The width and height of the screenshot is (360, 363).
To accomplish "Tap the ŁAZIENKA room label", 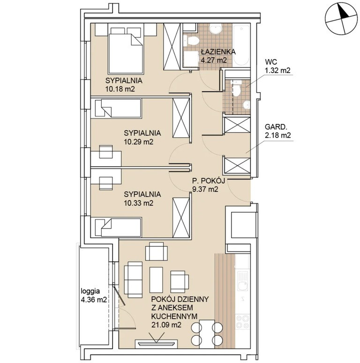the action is [218, 52].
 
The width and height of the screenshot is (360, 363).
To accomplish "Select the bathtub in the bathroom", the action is [241, 45].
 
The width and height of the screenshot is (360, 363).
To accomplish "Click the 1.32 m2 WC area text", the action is [277, 70].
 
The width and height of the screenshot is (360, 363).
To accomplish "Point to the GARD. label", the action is [276, 127].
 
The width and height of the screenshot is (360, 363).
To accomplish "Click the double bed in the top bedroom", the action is [125, 51].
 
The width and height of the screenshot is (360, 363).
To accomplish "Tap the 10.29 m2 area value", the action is [139, 141].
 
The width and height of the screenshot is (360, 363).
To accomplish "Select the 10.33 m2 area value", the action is [139, 203].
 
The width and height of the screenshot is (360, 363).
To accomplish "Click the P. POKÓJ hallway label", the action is [209, 181].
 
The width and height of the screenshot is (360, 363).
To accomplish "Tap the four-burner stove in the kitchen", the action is [243, 321].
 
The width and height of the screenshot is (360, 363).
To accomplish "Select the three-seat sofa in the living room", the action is [133, 280].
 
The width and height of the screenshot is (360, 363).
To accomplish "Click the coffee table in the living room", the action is [156, 280].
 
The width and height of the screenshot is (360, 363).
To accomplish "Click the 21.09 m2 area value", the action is [166, 325].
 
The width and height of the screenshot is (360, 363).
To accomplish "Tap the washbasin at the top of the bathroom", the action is [216, 29].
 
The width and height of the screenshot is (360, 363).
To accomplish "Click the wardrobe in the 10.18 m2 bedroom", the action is [172, 46].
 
